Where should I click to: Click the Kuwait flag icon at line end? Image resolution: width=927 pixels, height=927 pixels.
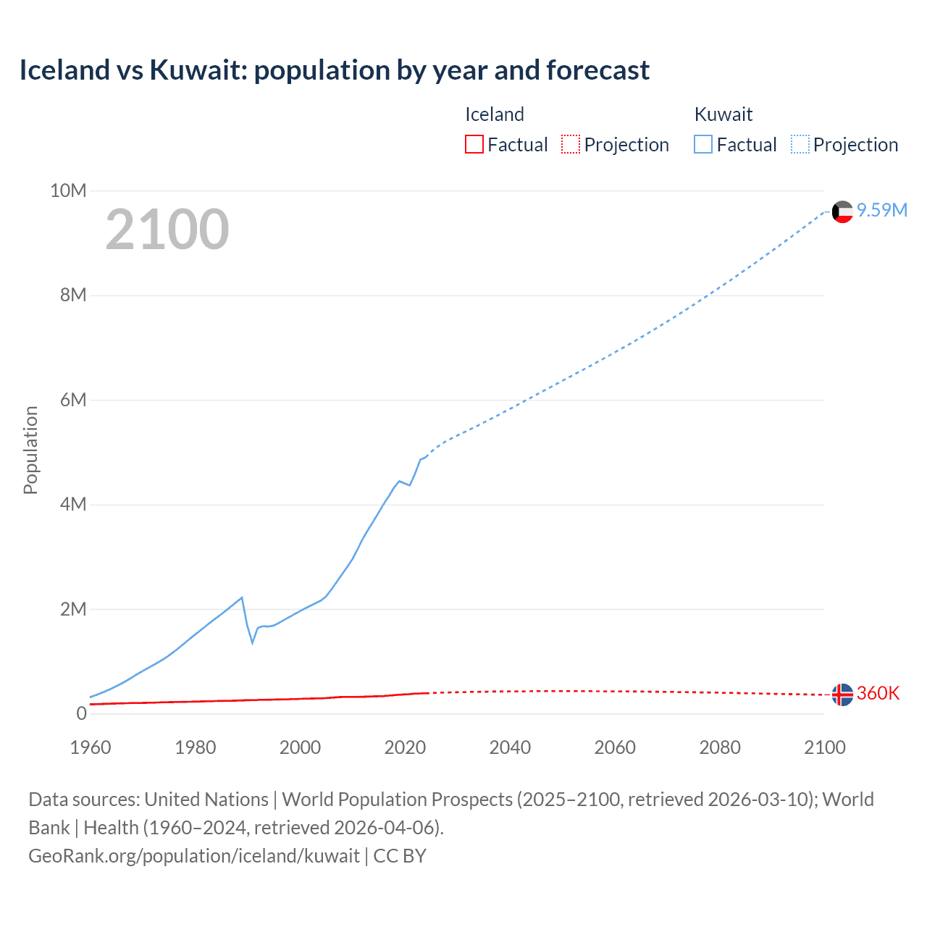click(842, 211)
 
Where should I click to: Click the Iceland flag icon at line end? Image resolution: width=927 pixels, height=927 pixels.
click(842, 695)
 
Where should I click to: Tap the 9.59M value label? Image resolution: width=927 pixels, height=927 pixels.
click(882, 210)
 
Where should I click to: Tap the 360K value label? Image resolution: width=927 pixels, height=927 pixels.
click(878, 693)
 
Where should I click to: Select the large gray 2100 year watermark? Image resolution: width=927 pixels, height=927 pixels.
click(167, 230)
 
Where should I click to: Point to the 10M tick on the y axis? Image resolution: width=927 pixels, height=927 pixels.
click(68, 190)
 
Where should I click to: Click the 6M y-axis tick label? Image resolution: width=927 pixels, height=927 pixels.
click(73, 400)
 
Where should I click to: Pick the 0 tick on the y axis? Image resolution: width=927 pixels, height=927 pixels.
click(81, 713)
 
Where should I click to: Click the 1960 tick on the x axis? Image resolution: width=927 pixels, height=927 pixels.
click(91, 747)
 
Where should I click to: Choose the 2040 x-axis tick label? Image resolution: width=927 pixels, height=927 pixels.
click(510, 747)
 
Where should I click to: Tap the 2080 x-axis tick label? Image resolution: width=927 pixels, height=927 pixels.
click(720, 747)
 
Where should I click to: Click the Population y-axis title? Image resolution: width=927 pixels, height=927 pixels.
click(30, 450)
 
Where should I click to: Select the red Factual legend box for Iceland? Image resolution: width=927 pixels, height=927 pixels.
click(474, 144)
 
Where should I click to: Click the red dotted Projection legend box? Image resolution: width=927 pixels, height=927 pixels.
click(571, 144)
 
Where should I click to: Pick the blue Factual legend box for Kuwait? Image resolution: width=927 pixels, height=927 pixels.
click(702, 144)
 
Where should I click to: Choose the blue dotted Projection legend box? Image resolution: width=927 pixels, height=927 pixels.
click(800, 144)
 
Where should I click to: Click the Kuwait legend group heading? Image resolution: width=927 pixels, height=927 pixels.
click(723, 114)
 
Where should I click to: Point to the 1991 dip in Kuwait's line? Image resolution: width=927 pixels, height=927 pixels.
click(253, 642)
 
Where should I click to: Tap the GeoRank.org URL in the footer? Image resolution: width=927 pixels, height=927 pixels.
click(194, 855)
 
